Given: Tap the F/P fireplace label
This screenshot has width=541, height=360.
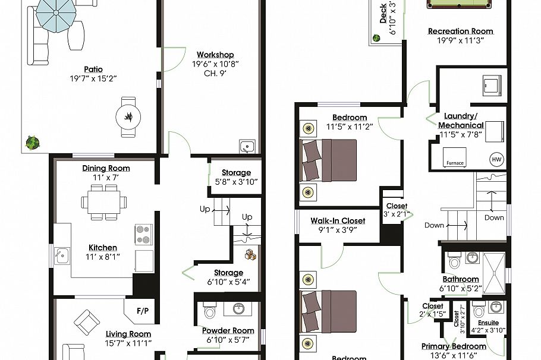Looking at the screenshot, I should click(143, 311).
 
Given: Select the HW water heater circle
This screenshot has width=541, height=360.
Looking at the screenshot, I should click(496, 159).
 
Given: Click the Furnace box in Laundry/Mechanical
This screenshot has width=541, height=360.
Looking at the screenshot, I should click(455, 163).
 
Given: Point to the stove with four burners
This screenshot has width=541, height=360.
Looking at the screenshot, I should click(143, 234).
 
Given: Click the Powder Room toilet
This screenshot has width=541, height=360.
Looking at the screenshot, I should click(209, 312).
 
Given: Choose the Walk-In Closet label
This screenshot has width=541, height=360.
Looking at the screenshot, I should click(338, 221).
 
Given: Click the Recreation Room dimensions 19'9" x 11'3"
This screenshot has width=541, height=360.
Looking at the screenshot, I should click(461, 40).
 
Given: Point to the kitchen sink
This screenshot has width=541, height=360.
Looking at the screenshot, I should click(61, 257).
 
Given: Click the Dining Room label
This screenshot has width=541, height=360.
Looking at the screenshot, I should click(106, 168).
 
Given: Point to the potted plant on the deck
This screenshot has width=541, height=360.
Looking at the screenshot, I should click(376, 39).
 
